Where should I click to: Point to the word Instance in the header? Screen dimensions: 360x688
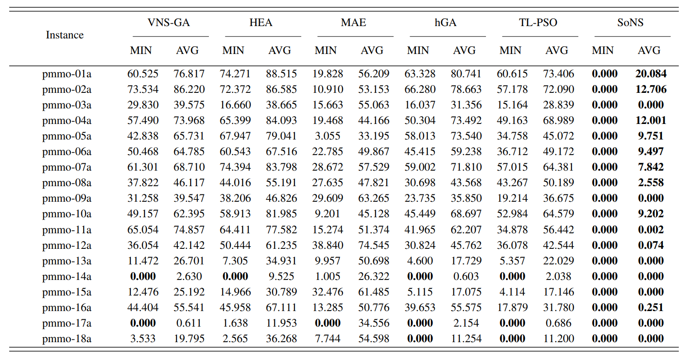click(x=65, y=35)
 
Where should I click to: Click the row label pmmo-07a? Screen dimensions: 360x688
click(x=67, y=167)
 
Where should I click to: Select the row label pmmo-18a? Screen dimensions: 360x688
click(x=67, y=339)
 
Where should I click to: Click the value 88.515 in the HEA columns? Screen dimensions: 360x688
click(x=280, y=73)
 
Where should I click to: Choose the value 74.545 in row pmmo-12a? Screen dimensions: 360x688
click(x=372, y=245)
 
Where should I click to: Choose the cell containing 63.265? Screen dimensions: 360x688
click(x=372, y=198)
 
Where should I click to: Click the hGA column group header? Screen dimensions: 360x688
click(x=445, y=22)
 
